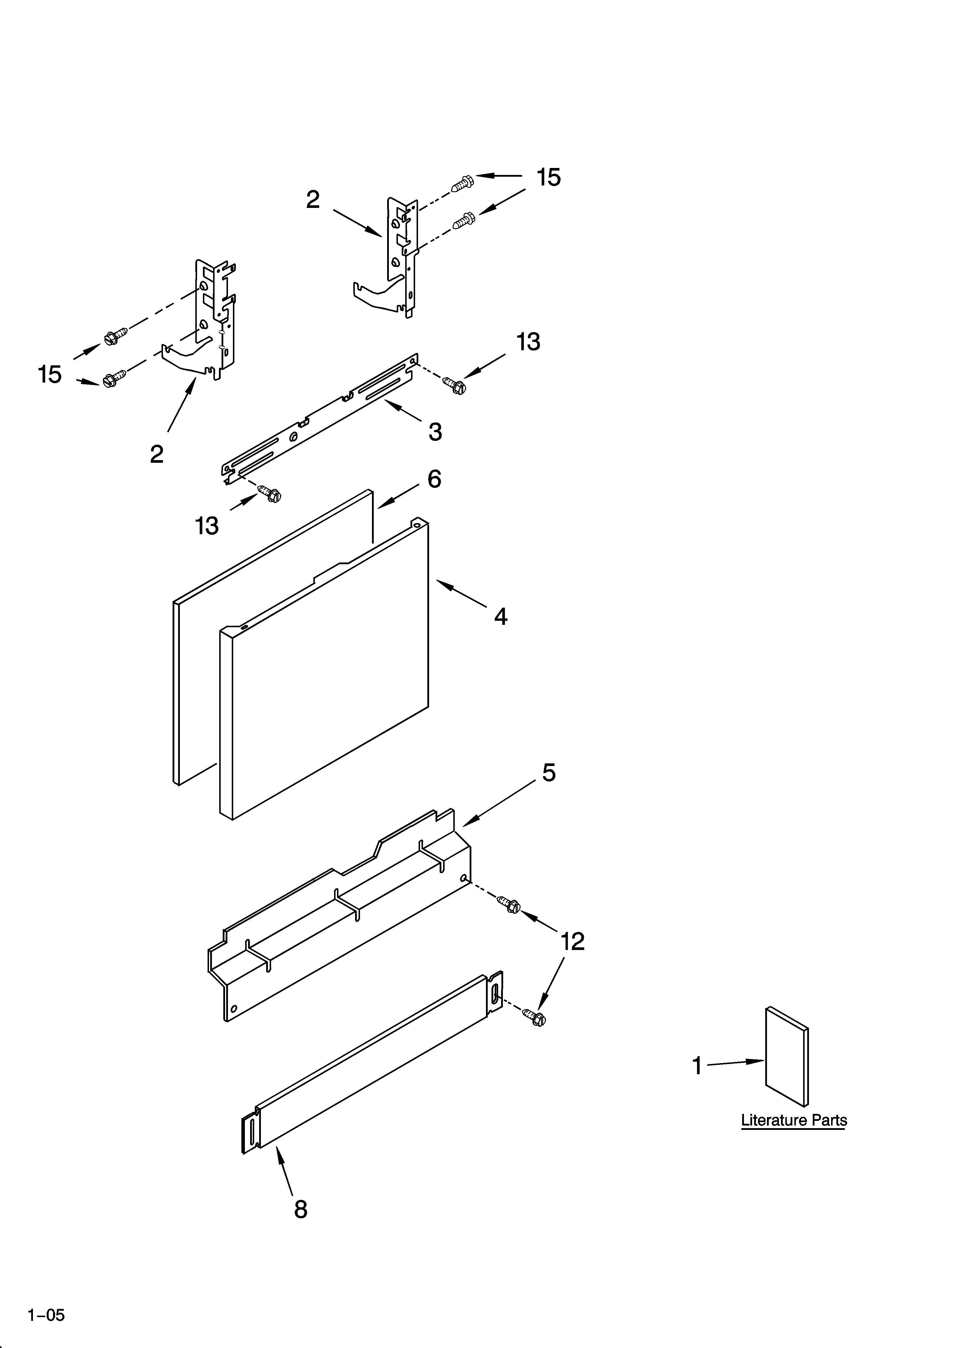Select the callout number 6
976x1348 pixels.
(434, 478)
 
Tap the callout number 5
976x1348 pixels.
(549, 773)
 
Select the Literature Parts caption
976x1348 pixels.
(794, 1120)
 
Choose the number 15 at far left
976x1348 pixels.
(50, 374)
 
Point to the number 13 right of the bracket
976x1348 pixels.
(528, 342)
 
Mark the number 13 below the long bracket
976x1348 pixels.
(207, 525)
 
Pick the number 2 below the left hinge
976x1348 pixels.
(156, 454)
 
